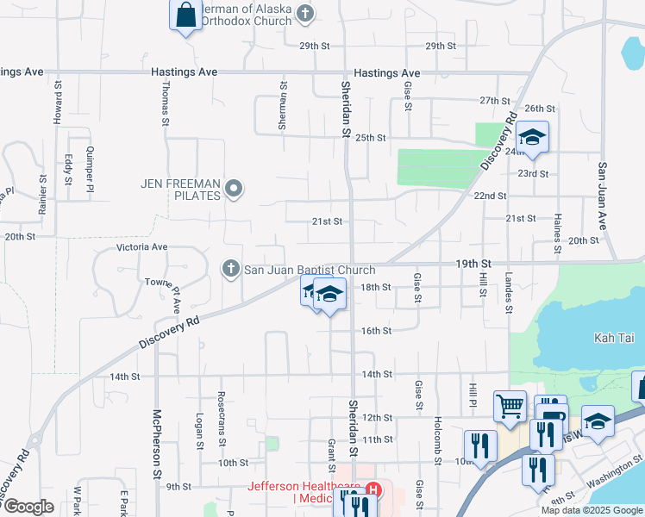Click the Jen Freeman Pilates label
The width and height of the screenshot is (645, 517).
click(x=179, y=184)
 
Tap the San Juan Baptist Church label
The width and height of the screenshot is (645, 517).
click(x=310, y=270)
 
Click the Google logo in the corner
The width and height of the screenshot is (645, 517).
click(x=28, y=507)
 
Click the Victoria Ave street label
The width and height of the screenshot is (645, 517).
click(x=142, y=247)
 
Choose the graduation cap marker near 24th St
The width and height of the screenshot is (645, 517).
click(x=532, y=137)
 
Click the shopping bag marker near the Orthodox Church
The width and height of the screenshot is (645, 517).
click(x=185, y=16)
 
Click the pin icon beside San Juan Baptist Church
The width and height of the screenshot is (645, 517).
click(x=230, y=270)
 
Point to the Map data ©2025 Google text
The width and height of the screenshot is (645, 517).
click(x=592, y=510)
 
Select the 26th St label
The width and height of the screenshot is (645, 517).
click(x=539, y=109)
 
